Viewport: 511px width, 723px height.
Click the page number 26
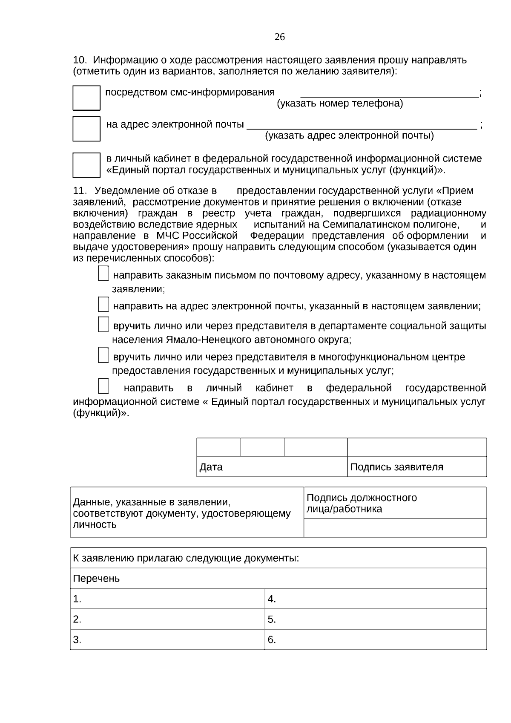coord(279,37)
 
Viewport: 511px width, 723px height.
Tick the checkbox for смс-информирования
coord(86,98)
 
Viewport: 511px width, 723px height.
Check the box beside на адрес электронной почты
coord(86,129)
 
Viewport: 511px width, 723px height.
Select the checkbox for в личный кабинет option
coord(86,165)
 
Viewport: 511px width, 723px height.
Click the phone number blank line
coord(390,95)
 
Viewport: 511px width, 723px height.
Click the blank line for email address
coord(362,126)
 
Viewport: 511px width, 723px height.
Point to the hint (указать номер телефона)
coord(340,104)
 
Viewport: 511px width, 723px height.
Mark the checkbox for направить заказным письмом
coord(103,274)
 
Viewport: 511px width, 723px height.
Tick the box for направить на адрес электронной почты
coord(103,305)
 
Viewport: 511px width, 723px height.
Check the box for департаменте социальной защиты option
coord(103,324)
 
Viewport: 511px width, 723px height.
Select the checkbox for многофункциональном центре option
coord(103,355)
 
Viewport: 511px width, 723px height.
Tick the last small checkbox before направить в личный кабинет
coord(103,386)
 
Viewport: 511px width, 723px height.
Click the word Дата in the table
coord(211,467)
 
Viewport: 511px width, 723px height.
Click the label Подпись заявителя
coord(396,467)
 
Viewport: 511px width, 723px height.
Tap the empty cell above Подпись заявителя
coord(417,447)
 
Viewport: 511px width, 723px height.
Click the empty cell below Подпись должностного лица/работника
coord(395,528)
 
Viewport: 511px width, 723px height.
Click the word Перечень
coord(96,579)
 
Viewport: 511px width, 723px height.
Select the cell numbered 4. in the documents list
coord(376,599)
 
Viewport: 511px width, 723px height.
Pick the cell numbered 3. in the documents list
coord(167,640)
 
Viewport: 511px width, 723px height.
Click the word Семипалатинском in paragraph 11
coord(366,225)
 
